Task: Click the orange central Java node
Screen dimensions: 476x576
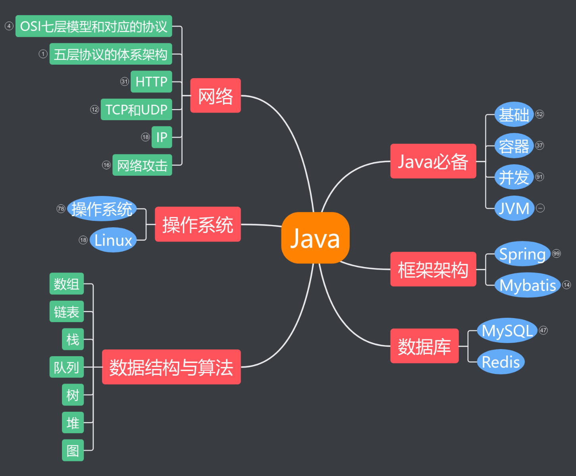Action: click(315, 238)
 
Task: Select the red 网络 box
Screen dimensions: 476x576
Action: click(216, 96)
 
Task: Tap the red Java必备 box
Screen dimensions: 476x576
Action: click(433, 161)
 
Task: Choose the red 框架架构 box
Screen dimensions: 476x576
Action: click(433, 269)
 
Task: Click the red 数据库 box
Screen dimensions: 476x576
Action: click(424, 346)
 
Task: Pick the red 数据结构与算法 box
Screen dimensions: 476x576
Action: click(171, 367)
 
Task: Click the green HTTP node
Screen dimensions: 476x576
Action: click(151, 82)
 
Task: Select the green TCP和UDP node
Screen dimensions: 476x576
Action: click(136, 109)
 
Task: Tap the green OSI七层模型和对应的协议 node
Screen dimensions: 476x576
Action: click(94, 26)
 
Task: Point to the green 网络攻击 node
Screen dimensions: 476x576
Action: click(142, 165)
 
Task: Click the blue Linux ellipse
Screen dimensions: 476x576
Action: click(113, 240)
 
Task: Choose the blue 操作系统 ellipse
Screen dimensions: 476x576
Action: click(102, 209)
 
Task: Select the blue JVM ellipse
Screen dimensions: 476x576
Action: click(514, 208)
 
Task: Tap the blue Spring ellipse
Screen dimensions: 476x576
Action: click(522, 254)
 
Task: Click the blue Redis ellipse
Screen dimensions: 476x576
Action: click(501, 362)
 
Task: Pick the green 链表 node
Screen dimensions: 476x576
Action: click(66, 312)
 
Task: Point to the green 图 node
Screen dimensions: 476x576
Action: click(73, 450)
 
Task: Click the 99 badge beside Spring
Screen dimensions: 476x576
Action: click(557, 253)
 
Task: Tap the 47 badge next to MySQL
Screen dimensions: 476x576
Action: click(543, 330)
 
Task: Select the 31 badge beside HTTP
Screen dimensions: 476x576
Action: click(125, 82)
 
